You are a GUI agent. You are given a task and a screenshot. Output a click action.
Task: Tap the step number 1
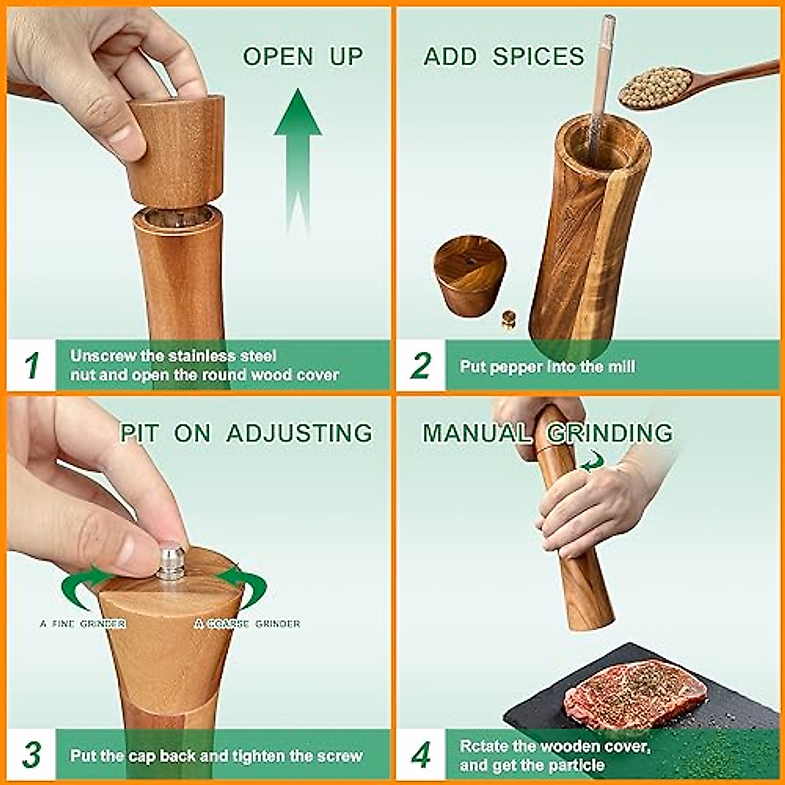pos(32,365)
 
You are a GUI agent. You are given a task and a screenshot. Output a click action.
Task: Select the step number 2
pos(421,366)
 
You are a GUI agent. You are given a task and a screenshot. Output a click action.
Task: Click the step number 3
pos(32,755)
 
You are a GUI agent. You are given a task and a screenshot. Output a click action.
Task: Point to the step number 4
pos(421,755)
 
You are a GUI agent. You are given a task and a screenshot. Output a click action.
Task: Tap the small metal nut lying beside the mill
pos(509,319)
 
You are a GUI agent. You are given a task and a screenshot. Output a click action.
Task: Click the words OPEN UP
pos(303,56)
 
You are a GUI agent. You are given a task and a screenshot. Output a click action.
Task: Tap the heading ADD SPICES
pos(504,56)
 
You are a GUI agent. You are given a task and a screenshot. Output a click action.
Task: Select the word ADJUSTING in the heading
pos(300,432)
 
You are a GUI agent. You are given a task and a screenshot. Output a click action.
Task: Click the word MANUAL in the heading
pos(477,432)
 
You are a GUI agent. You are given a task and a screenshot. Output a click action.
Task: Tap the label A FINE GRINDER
pos(82,623)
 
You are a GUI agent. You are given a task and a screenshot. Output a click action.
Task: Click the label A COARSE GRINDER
pos(247,623)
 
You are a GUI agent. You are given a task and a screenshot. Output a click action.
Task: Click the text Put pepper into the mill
pos(547,366)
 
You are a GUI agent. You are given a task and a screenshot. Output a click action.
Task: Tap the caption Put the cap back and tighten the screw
pos(217,756)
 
